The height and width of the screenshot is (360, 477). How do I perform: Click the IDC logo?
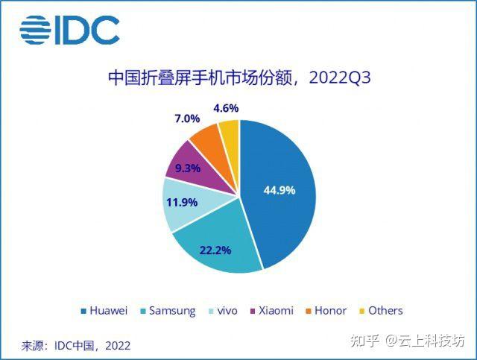69,30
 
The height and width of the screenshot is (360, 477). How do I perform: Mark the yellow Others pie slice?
230,133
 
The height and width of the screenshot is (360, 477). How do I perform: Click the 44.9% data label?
279,190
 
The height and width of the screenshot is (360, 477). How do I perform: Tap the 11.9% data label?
181,201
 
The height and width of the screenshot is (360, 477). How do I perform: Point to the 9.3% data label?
187,168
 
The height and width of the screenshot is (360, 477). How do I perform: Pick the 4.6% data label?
225,108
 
